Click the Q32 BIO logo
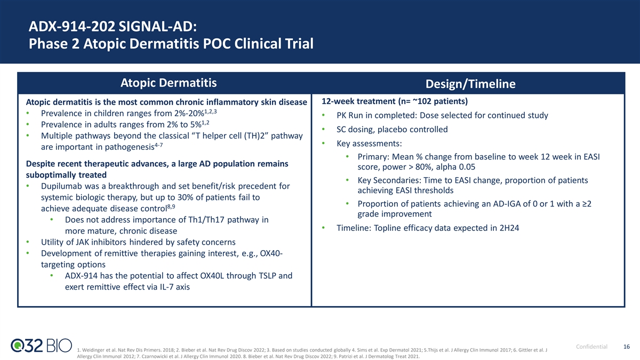point(41,346)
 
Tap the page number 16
point(626,347)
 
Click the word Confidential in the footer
point(591,347)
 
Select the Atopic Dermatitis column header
point(169,83)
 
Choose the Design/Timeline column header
point(470,84)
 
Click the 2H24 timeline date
point(509,228)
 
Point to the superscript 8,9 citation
point(171,206)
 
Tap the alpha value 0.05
point(467,167)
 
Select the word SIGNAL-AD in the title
point(157,27)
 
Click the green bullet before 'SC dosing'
point(323,130)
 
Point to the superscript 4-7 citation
point(158,145)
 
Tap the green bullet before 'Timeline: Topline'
point(323,228)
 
